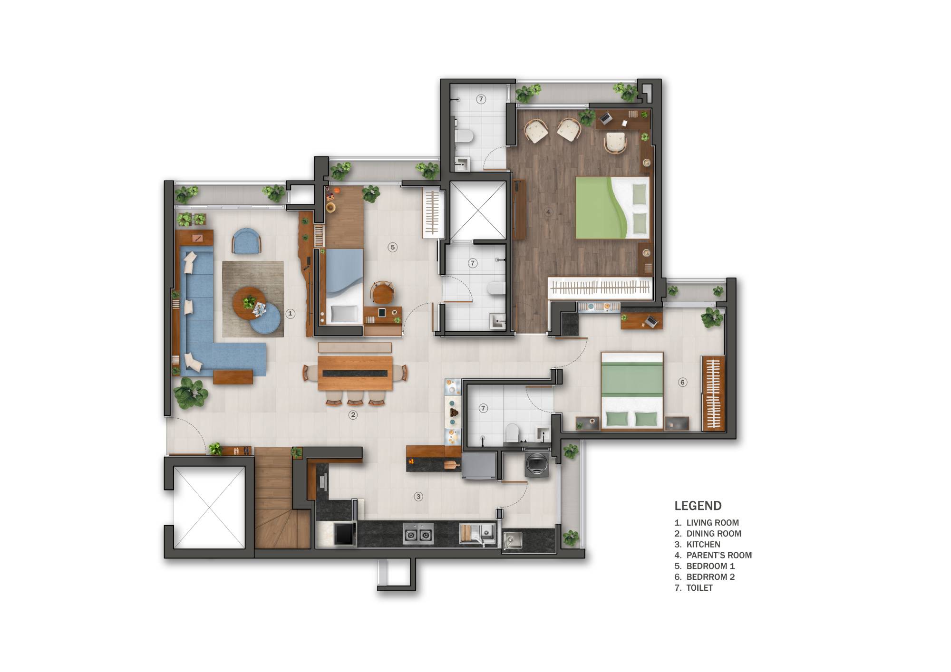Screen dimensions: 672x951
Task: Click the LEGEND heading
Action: (698, 506)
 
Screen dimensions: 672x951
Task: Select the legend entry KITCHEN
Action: (703, 544)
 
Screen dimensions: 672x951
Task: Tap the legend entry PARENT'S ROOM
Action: (718, 555)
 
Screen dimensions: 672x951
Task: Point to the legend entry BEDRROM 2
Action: (710, 577)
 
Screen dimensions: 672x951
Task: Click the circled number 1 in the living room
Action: (290, 314)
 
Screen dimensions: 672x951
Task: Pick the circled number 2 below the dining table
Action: (353, 415)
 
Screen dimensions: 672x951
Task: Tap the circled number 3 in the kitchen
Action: (418, 497)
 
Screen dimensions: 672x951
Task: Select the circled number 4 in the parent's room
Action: (548, 212)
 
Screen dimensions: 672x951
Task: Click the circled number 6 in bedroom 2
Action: (683, 382)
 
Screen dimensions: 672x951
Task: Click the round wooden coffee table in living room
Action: (248, 303)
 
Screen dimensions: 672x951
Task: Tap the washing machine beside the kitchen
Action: (537, 465)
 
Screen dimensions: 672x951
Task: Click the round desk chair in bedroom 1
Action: (382, 292)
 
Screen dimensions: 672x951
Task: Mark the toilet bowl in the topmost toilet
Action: (464, 137)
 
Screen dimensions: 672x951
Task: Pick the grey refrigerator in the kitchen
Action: (479, 466)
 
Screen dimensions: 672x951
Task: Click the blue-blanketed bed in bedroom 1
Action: (344, 285)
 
